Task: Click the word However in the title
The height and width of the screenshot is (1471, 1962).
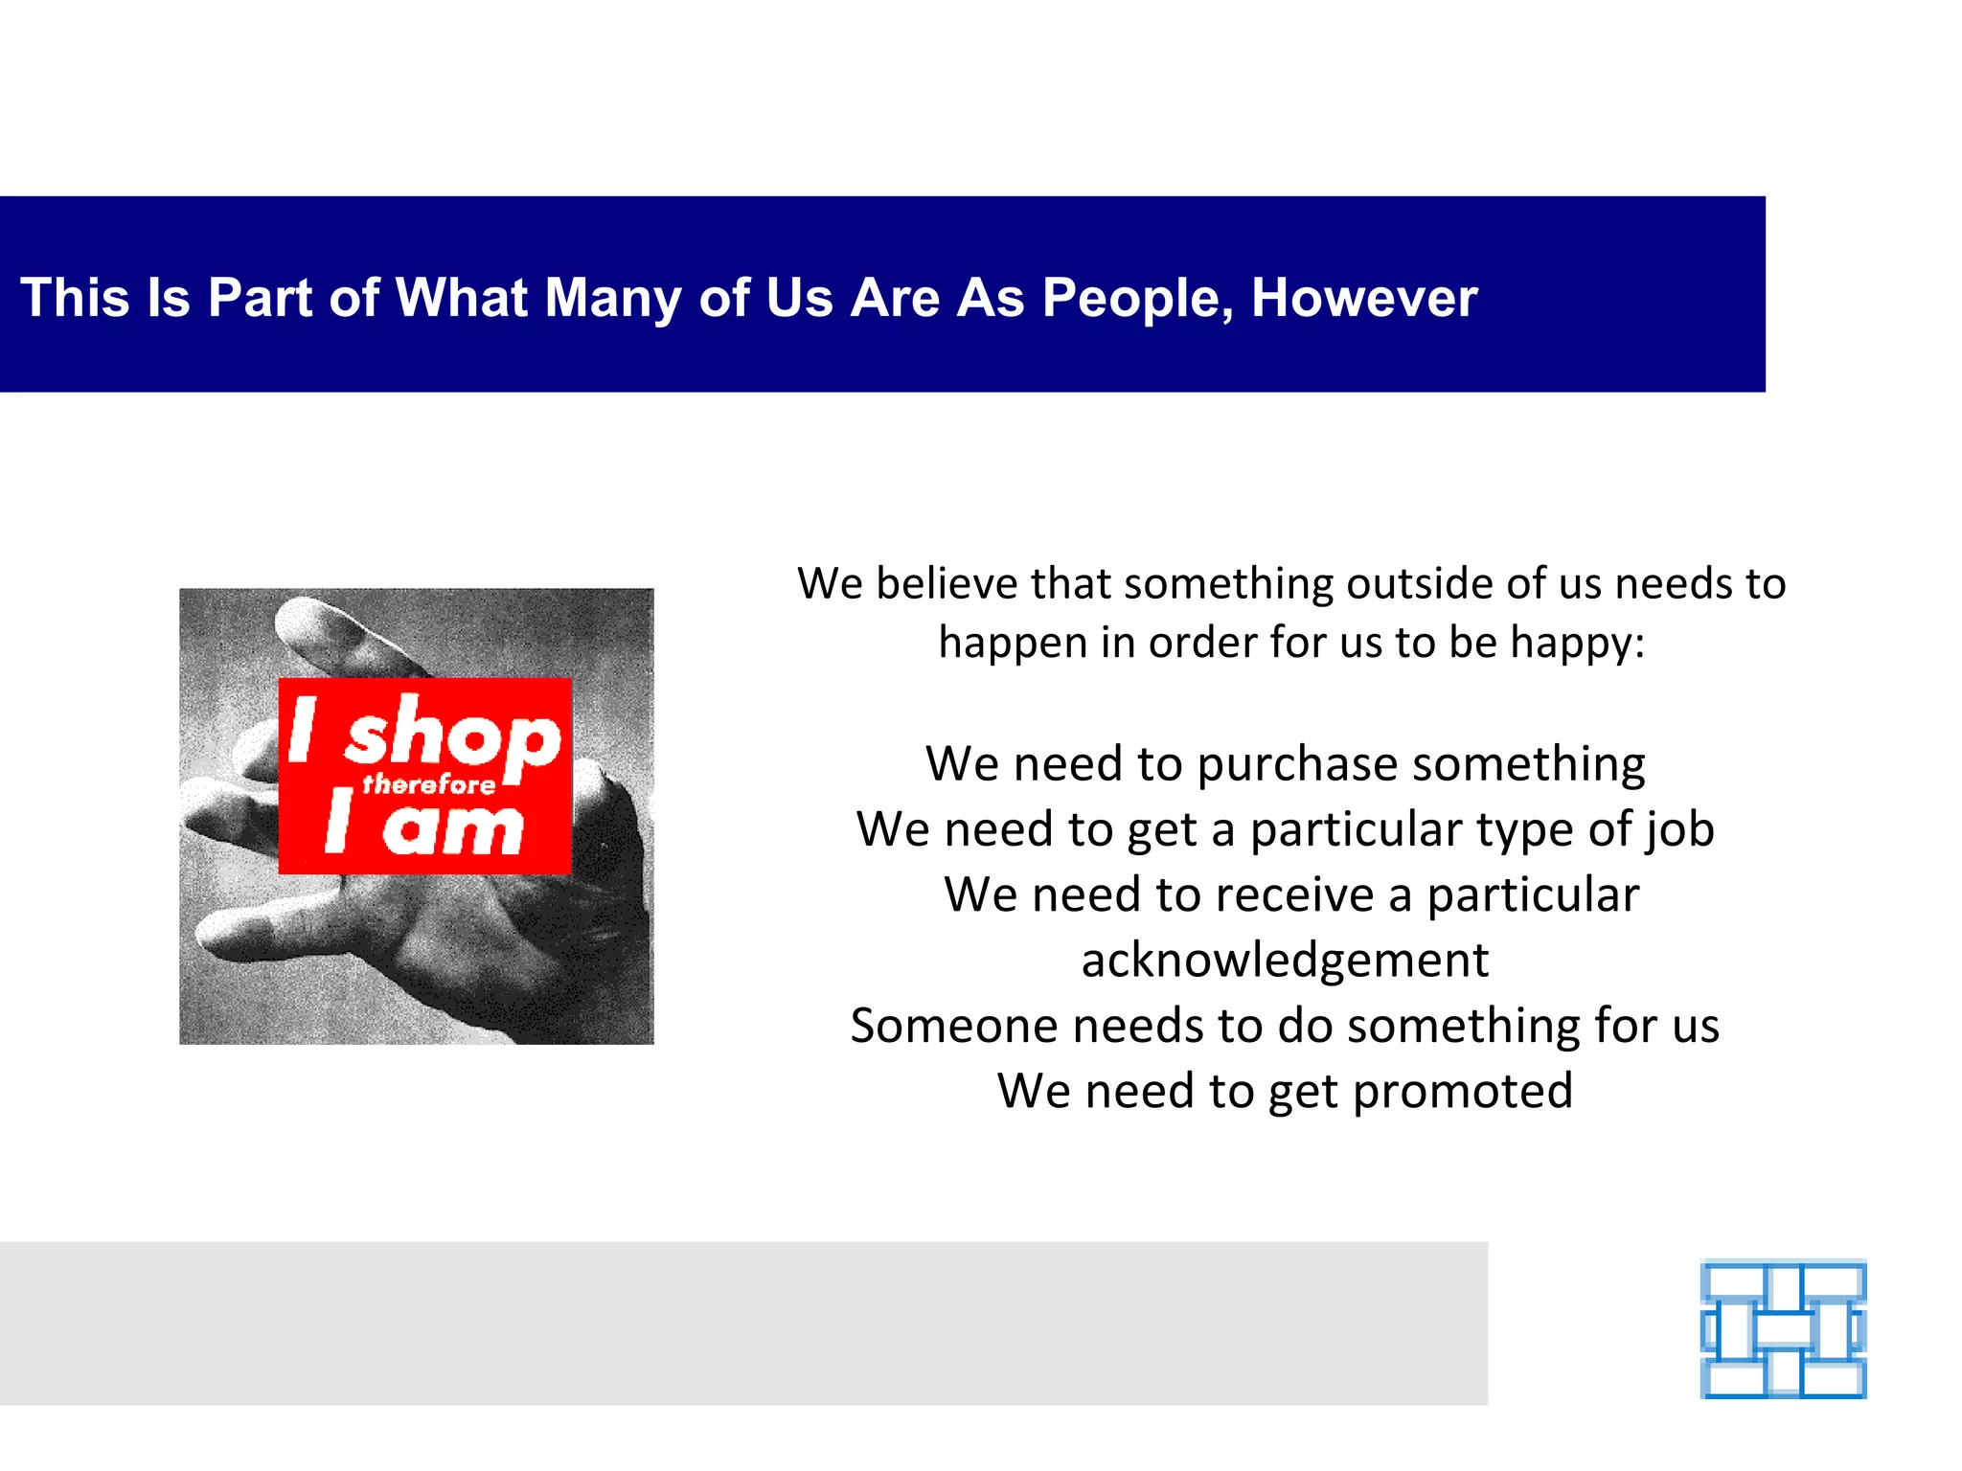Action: coord(1364,298)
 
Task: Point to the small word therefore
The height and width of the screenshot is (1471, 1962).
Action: coord(428,785)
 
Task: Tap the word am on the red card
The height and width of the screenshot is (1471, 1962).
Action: coord(452,828)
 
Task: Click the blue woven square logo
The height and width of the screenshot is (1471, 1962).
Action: coord(1783,1329)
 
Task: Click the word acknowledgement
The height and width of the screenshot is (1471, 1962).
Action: coord(1285,960)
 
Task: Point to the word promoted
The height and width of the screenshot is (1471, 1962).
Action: coord(1463,1091)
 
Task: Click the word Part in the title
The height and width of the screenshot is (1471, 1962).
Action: coord(260,298)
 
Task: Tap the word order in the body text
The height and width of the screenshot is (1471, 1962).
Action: coord(1202,643)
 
